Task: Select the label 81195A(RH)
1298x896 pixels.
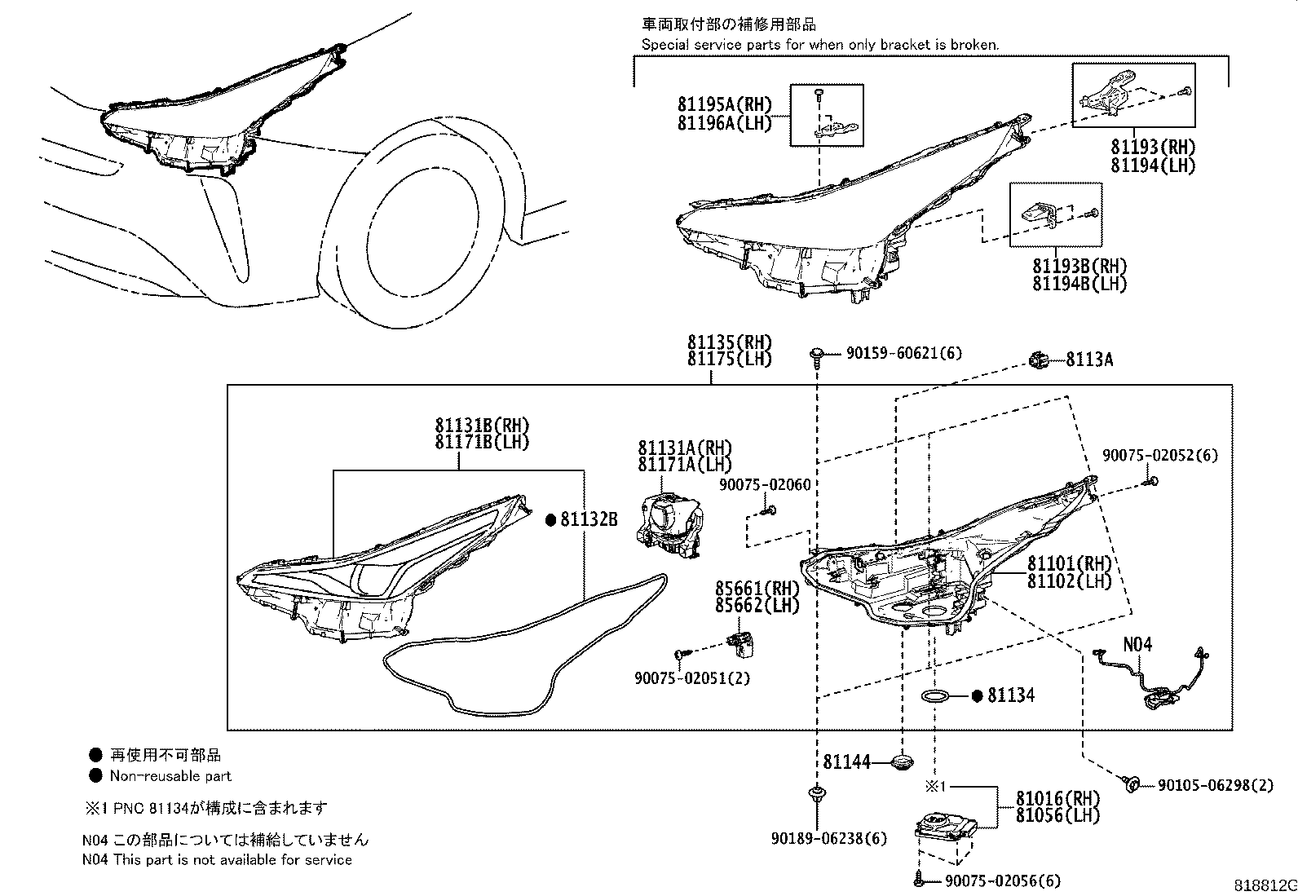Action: coord(723,104)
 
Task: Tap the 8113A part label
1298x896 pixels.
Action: coord(1088,360)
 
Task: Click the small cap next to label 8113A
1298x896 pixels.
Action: coord(1039,359)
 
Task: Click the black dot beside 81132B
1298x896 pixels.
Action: coord(550,518)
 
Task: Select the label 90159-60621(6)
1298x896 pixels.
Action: coord(903,353)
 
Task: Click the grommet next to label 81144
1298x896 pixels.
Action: coord(901,761)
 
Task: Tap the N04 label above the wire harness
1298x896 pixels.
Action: coord(1137,644)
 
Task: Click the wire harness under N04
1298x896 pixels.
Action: coord(1150,677)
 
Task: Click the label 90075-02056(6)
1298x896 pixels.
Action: coord(1003,881)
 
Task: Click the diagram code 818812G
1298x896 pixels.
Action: coord(1263,885)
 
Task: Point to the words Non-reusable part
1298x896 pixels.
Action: coord(170,776)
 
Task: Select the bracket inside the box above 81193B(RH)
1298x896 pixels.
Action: coord(1041,214)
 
